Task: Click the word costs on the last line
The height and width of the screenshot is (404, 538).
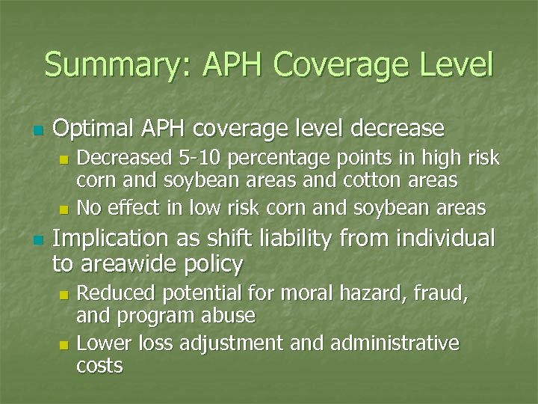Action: click(x=100, y=365)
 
